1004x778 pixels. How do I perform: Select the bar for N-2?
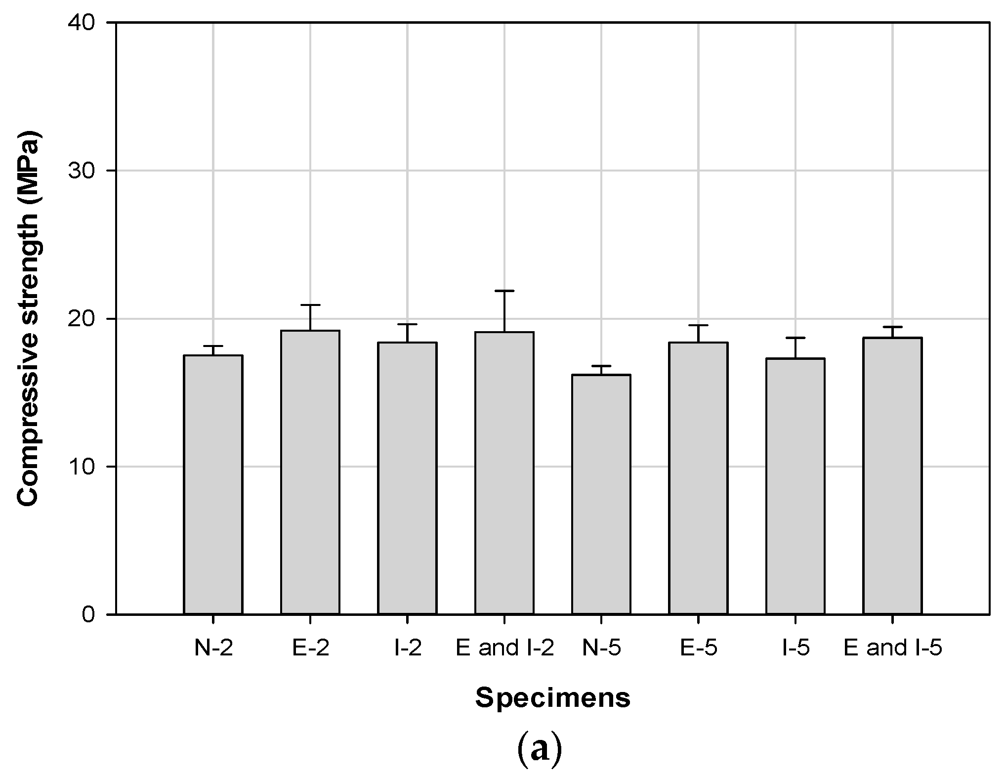(x=213, y=484)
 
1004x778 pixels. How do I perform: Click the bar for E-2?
(x=310, y=472)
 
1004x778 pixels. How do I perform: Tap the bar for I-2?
(x=407, y=478)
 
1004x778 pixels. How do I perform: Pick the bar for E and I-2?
(x=504, y=473)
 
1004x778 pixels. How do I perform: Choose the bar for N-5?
(x=601, y=494)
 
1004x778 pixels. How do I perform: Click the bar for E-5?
(x=698, y=478)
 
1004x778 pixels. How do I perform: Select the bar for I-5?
(x=795, y=486)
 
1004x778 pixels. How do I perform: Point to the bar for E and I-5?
(x=892, y=475)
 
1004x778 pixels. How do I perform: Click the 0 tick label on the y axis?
(x=88, y=614)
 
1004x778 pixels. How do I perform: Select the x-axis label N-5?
(x=601, y=648)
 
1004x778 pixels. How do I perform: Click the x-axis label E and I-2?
(x=504, y=648)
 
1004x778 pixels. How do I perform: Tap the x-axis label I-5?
(x=795, y=648)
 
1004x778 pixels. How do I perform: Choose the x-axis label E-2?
(x=310, y=648)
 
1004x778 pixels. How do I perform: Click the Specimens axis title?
(x=553, y=698)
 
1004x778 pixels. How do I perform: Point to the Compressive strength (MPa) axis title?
(x=28, y=318)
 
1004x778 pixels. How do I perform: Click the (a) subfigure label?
(x=539, y=750)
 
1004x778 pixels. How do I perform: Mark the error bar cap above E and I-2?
(x=504, y=291)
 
